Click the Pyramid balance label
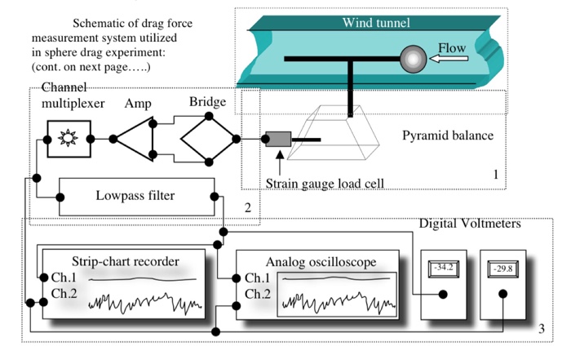point(448,136)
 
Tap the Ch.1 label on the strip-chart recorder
point(64,278)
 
